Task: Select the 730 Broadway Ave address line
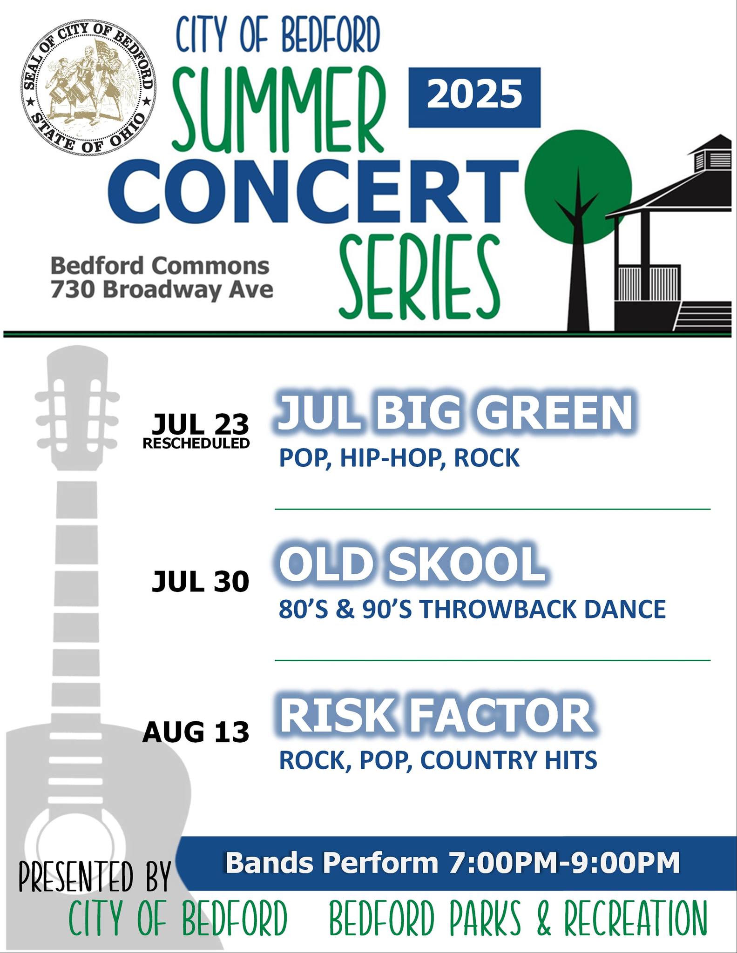(162, 289)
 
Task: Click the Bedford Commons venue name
(160, 266)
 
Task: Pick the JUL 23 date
(201, 424)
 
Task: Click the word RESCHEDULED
(196, 443)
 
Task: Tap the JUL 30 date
(201, 581)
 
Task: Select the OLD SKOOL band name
(412, 564)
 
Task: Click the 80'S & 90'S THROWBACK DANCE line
(472, 609)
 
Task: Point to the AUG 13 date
(196, 732)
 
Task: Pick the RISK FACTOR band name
(436, 715)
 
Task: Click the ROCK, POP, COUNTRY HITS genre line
(438, 760)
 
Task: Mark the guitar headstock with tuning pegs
(77, 409)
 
